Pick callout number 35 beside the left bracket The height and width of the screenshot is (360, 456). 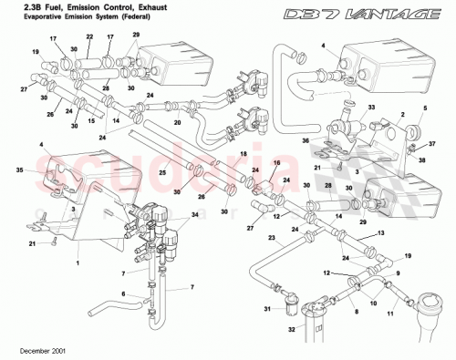(x=18, y=170)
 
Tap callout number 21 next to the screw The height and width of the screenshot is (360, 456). (x=32, y=244)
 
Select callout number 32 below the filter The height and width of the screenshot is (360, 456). (x=293, y=330)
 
